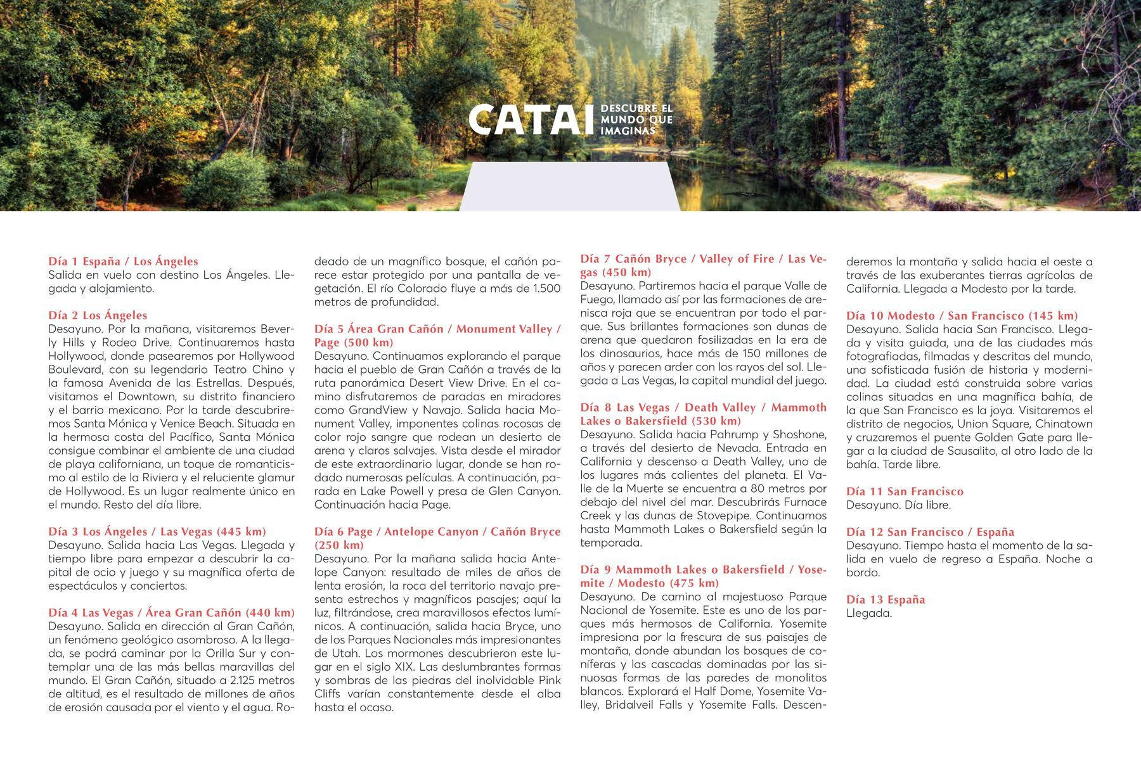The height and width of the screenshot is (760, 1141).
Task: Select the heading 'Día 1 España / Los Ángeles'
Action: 123,262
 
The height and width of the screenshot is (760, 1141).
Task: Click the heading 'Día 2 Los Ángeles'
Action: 98,315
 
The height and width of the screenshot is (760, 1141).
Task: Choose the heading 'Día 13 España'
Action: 886,599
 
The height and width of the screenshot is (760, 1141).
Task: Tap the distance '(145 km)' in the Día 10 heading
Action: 1053,315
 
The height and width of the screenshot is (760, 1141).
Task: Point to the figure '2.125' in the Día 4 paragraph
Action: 248,680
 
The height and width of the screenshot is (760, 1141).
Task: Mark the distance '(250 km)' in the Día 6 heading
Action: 339,545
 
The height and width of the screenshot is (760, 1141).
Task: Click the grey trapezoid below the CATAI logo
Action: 569,186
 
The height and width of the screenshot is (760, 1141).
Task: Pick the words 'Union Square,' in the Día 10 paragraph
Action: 987,424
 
